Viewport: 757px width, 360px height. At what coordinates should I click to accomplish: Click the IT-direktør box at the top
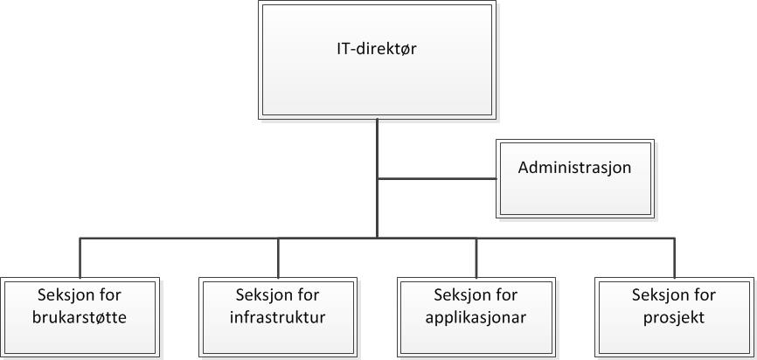click(x=377, y=59)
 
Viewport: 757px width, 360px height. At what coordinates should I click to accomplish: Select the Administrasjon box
click(x=574, y=177)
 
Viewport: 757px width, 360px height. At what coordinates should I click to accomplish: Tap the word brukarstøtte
click(x=81, y=317)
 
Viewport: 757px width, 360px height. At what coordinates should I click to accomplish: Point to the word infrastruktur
click(x=278, y=317)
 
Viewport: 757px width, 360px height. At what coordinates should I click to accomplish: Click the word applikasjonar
click(x=476, y=317)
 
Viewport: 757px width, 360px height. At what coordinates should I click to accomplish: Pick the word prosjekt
click(x=674, y=317)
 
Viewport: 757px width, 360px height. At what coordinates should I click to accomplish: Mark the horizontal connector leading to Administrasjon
click(x=437, y=179)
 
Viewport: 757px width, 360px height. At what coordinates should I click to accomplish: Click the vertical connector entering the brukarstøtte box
click(x=80, y=258)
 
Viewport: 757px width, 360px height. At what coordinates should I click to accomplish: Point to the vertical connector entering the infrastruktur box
click(x=278, y=258)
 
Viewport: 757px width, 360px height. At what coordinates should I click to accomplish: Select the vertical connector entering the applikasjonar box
click(x=476, y=258)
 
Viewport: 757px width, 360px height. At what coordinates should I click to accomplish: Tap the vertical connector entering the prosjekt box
click(x=674, y=258)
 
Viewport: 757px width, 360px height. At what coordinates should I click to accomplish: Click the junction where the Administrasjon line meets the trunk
click(x=378, y=179)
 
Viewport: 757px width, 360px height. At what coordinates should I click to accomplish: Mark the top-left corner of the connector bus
click(x=80, y=238)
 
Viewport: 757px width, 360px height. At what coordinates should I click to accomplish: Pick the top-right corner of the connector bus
click(x=674, y=238)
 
